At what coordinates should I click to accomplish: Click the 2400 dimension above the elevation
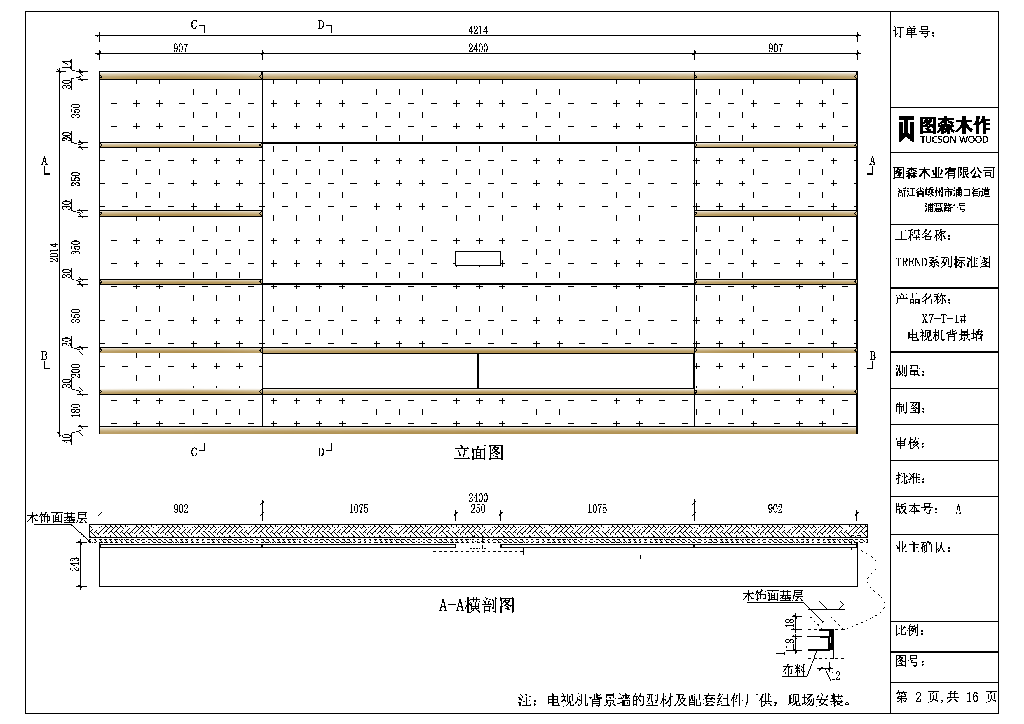click(x=478, y=48)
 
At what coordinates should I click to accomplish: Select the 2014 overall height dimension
click(x=54, y=252)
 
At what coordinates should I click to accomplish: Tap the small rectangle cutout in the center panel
click(x=478, y=258)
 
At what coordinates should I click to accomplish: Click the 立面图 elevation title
click(x=479, y=452)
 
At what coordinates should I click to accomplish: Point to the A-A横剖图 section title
click(x=477, y=605)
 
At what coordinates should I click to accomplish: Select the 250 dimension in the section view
click(x=478, y=509)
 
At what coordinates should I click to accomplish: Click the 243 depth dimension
click(x=75, y=564)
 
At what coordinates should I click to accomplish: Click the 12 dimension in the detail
click(x=835, y=676)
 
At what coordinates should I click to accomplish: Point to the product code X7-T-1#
click(x=944, y=318)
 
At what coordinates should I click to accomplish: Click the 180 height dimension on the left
click(x=76, y=410)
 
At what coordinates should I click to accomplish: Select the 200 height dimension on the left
click(x=76, y=370)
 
